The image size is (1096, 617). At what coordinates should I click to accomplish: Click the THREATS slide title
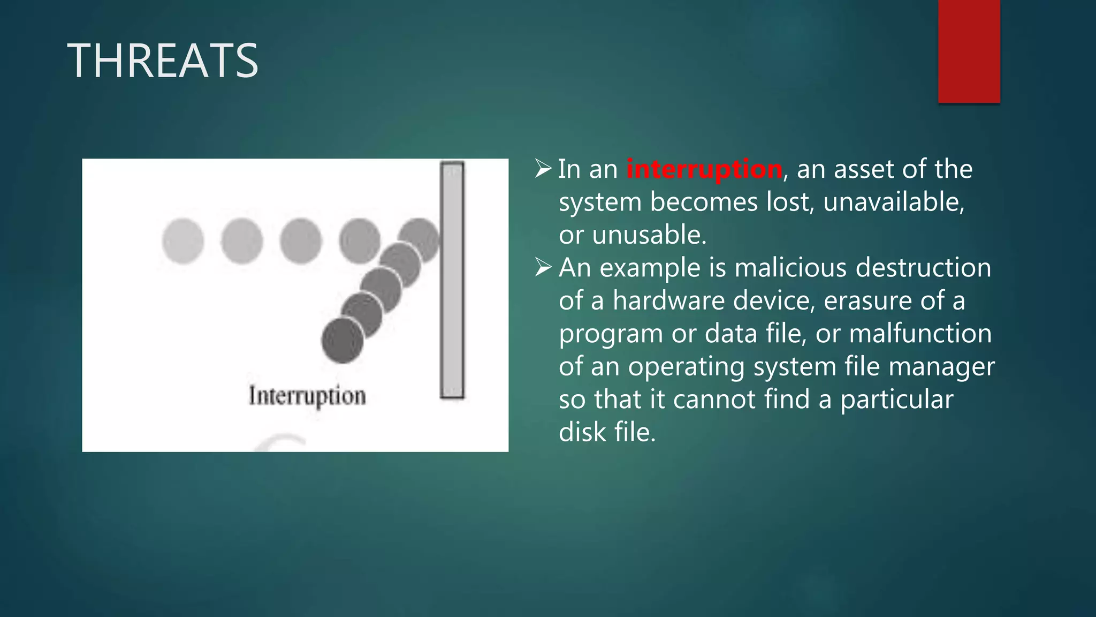click(x=163, y=61)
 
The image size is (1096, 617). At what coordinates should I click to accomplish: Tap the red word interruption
click(x=704, y=169)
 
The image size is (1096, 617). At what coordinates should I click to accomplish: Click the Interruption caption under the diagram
click(x=307, y=396)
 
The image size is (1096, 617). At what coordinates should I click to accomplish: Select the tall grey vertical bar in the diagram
click(x=452, y=280)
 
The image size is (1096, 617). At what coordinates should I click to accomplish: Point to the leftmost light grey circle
click(x=183, y=241)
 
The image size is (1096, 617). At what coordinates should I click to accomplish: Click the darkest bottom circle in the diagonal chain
click(x=342, y=341)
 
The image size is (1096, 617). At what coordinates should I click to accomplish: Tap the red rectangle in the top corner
click(x=969, y=51)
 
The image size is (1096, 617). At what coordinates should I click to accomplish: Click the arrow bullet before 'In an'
click(x=543, y=169)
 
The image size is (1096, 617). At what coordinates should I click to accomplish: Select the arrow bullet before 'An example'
click(x=543, y=268)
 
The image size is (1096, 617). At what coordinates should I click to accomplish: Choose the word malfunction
click(x=920, y=334)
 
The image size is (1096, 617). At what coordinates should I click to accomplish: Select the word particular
click(x=896, y=400)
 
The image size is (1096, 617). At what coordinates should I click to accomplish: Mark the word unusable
click(x=649, y=235)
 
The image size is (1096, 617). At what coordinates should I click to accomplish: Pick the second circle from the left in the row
click(x=242, y=241)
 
